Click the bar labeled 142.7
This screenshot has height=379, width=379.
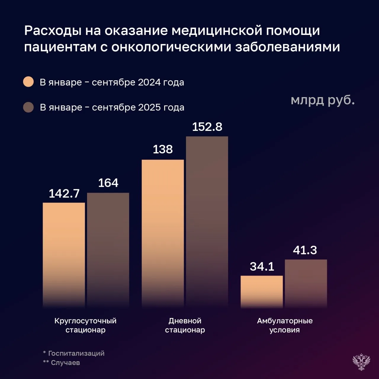pos(64,255)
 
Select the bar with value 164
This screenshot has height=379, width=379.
pos(108,250)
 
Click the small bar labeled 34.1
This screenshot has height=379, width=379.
pos(261,292)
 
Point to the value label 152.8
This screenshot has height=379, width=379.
pos(207,127)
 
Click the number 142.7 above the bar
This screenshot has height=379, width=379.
pos(64,193)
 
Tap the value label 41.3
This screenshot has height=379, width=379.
pos(305,250)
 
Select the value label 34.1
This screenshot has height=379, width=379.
pos(262,266)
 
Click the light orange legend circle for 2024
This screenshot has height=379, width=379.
pos(28,82)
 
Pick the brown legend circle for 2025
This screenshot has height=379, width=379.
pos(28,107)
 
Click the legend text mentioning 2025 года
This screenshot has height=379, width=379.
pos(112,107)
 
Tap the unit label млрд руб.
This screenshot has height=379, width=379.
pos(322,100)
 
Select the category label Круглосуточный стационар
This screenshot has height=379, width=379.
pos(85,325)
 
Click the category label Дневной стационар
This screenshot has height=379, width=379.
pos(185,325)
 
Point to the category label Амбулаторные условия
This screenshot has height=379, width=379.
pos(285,325)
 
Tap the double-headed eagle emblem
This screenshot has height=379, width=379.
pos(361,362)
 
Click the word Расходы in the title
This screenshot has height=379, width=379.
pos(53,30)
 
